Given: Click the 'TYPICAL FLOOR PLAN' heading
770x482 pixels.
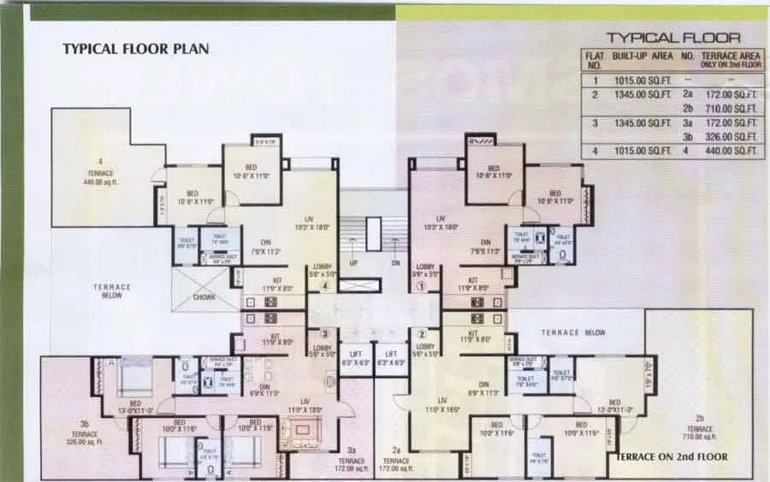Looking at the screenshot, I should (x=135, y=50).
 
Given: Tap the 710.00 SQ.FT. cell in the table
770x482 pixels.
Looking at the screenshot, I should (x=736, y=109).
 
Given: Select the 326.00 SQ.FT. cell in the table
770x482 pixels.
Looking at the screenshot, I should (x=736, y=137).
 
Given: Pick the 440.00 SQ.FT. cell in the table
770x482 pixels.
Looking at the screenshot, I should (x=736, y=151).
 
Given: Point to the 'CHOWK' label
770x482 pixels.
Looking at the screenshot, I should (x=204, y=297).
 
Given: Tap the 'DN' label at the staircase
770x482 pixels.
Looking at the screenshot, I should (x=395, y=264).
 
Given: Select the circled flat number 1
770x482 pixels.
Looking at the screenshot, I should (x=421, y=287).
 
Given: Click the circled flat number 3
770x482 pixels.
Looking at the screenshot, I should (x=324, y=333).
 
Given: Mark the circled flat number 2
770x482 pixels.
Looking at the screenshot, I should (x=421, y=333).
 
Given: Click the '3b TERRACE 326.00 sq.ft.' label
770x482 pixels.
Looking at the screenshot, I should (x=85, y=433).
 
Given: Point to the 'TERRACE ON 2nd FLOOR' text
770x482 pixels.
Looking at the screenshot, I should (x=672, y=457).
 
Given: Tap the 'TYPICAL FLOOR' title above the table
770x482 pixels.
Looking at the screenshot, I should (x=673, y=38).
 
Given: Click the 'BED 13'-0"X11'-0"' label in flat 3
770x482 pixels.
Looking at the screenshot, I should (x=135, y=407).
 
